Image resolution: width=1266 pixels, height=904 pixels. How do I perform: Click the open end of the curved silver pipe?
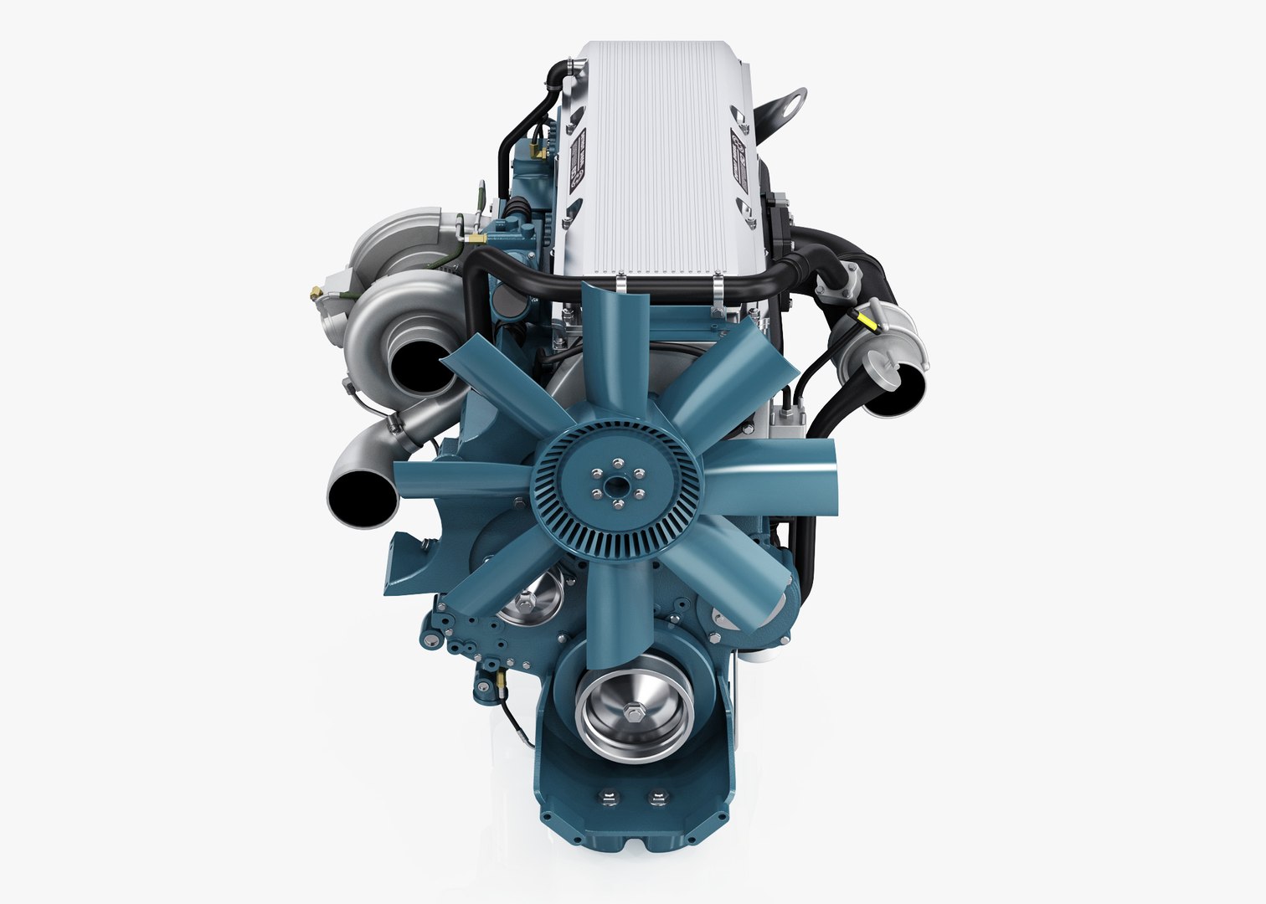pyautogui.click(x=363, y=499)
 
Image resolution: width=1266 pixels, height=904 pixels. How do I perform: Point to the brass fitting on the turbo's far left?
pyautogui.click(x=316, y=292)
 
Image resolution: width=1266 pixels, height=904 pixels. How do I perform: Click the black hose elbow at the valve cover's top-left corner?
pyautogui.click(x=556, y=75)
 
